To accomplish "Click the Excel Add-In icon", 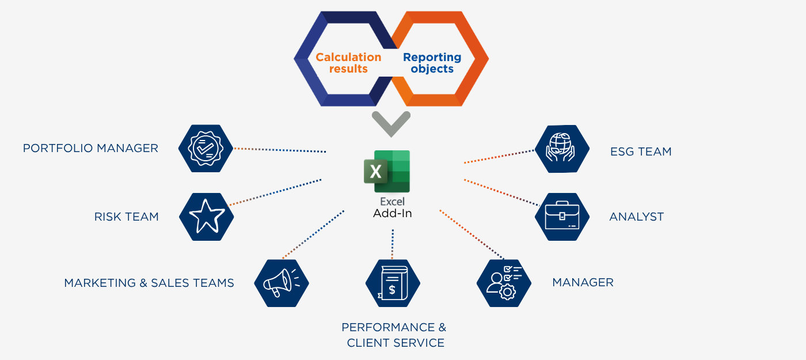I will (x=387, y=171).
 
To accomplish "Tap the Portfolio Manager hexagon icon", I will (x=206, y=149).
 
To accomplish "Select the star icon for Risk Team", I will (x=207, y=217).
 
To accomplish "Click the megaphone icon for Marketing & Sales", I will (x=282, y=283).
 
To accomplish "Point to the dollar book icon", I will (x=393, y=283).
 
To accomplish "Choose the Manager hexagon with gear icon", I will (x=504, y=283).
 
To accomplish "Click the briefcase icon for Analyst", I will (x=562, y=217).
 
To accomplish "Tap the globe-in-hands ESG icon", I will (x=562, y=149).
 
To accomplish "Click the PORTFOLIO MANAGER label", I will (x=90, y=149).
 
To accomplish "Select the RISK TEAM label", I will (x=126, y=217).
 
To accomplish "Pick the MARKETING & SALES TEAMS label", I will (x=149, y=283).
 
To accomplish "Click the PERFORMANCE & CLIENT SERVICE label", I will (x=394, y=335).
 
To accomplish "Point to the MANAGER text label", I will (x=583, y=283).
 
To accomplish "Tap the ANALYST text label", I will (x=636, y=217).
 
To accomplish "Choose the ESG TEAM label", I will (x=641, y=152).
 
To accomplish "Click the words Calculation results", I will (x=348, y=63).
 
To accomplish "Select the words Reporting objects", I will (x=432, y=63).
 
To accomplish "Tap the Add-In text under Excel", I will (x=393, y=213).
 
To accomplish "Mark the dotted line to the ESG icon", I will (x=499, y=157).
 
